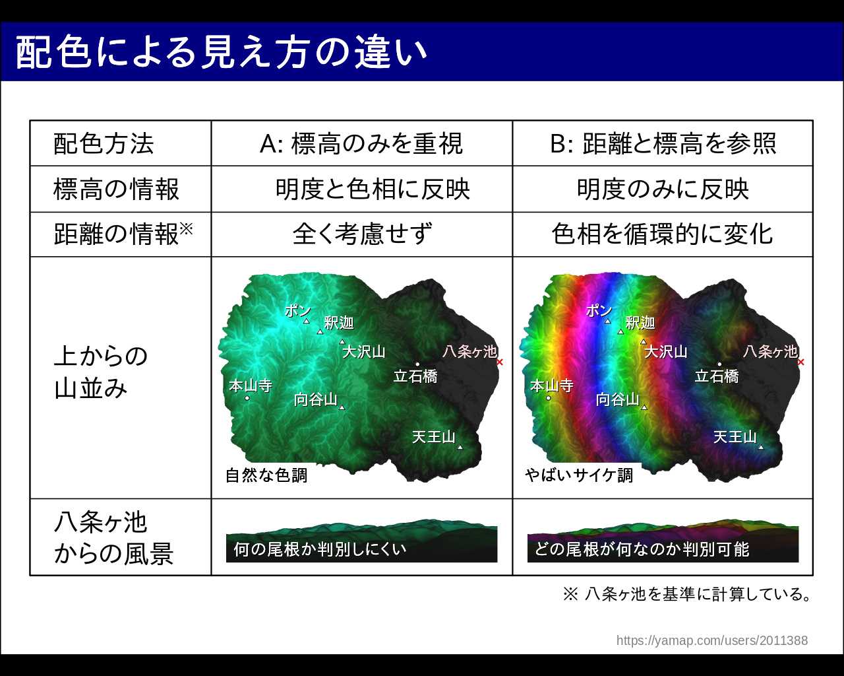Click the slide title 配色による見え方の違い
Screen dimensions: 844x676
(221, 52)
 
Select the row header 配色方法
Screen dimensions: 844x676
(104, 143)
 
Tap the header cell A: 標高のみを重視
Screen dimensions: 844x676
(361, 143)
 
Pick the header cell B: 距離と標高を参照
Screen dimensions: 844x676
(663, 143)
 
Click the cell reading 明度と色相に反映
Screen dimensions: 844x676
(373, 189)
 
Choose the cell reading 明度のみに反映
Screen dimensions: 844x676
(663, 189)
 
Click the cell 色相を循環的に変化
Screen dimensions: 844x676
(663, 234)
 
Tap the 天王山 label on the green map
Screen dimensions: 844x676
(434, 437)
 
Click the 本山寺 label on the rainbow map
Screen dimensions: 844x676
(552, 386)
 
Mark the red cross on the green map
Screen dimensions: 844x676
(500, 362)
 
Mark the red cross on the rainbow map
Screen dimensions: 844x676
(801, 362)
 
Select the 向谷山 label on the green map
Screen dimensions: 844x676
(316, 399)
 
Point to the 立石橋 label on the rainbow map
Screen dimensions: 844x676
(717, 376)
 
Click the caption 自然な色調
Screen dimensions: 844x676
(266, 475)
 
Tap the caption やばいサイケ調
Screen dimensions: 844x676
(579, 475)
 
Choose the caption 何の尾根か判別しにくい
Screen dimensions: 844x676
(320, 549)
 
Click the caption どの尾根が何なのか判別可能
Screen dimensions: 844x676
(642, 549)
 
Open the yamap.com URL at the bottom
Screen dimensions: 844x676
(712, 640)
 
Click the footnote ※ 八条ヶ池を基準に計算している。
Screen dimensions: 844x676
(686, 594)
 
